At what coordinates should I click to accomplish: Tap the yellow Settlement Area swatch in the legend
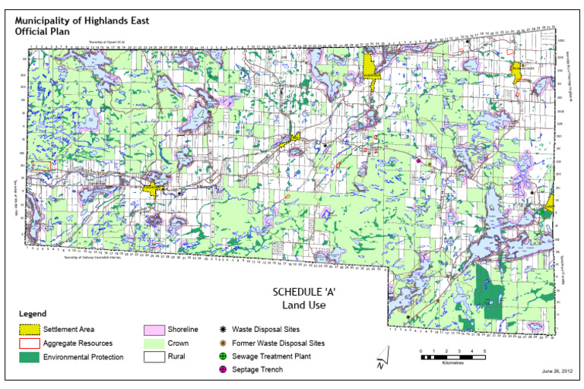tap(29, 330)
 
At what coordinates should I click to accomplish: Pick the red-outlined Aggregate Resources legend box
tap(29, 343)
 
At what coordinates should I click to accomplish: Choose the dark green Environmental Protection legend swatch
tap(29, 357)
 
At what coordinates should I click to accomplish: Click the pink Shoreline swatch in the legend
tap(154, 330)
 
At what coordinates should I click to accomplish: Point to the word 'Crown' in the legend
tap(179, 343)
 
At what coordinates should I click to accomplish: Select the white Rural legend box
tap(154, 357)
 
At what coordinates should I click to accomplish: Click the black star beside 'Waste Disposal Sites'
tap(222, 329)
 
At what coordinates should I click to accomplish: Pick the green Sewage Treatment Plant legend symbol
tap(222, 356)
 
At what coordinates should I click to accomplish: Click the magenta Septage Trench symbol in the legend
tap(222, 369)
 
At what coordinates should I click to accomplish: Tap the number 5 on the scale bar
tap(484, 350)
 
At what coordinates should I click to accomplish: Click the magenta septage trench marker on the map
tap(418, 160)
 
